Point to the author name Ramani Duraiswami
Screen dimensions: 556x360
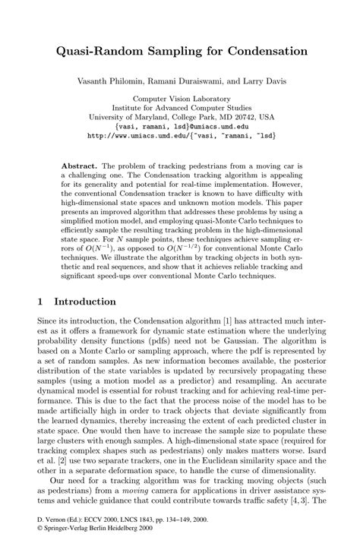(x=191, y=80)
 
